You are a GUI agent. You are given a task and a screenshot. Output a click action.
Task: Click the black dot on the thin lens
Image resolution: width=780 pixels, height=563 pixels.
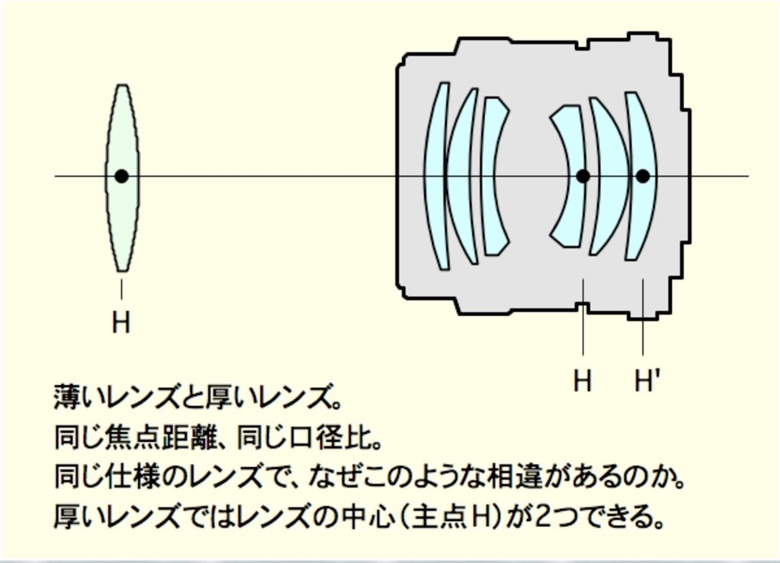(121, 176)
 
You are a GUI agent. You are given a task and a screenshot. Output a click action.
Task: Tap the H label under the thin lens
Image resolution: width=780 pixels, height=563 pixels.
(121, 322)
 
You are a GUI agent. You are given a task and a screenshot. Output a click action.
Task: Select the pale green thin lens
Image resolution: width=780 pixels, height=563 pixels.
(122, 178)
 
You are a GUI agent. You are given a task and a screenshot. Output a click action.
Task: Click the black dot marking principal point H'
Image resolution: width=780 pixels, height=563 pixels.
(643, 176)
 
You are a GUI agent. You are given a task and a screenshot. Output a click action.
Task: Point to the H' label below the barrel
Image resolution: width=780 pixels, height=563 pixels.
(647, 380)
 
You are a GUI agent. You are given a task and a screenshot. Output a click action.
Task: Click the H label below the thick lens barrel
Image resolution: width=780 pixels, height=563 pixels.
(583, 380)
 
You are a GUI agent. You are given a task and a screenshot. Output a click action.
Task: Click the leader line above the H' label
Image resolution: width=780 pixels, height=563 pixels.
(643, 317)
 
